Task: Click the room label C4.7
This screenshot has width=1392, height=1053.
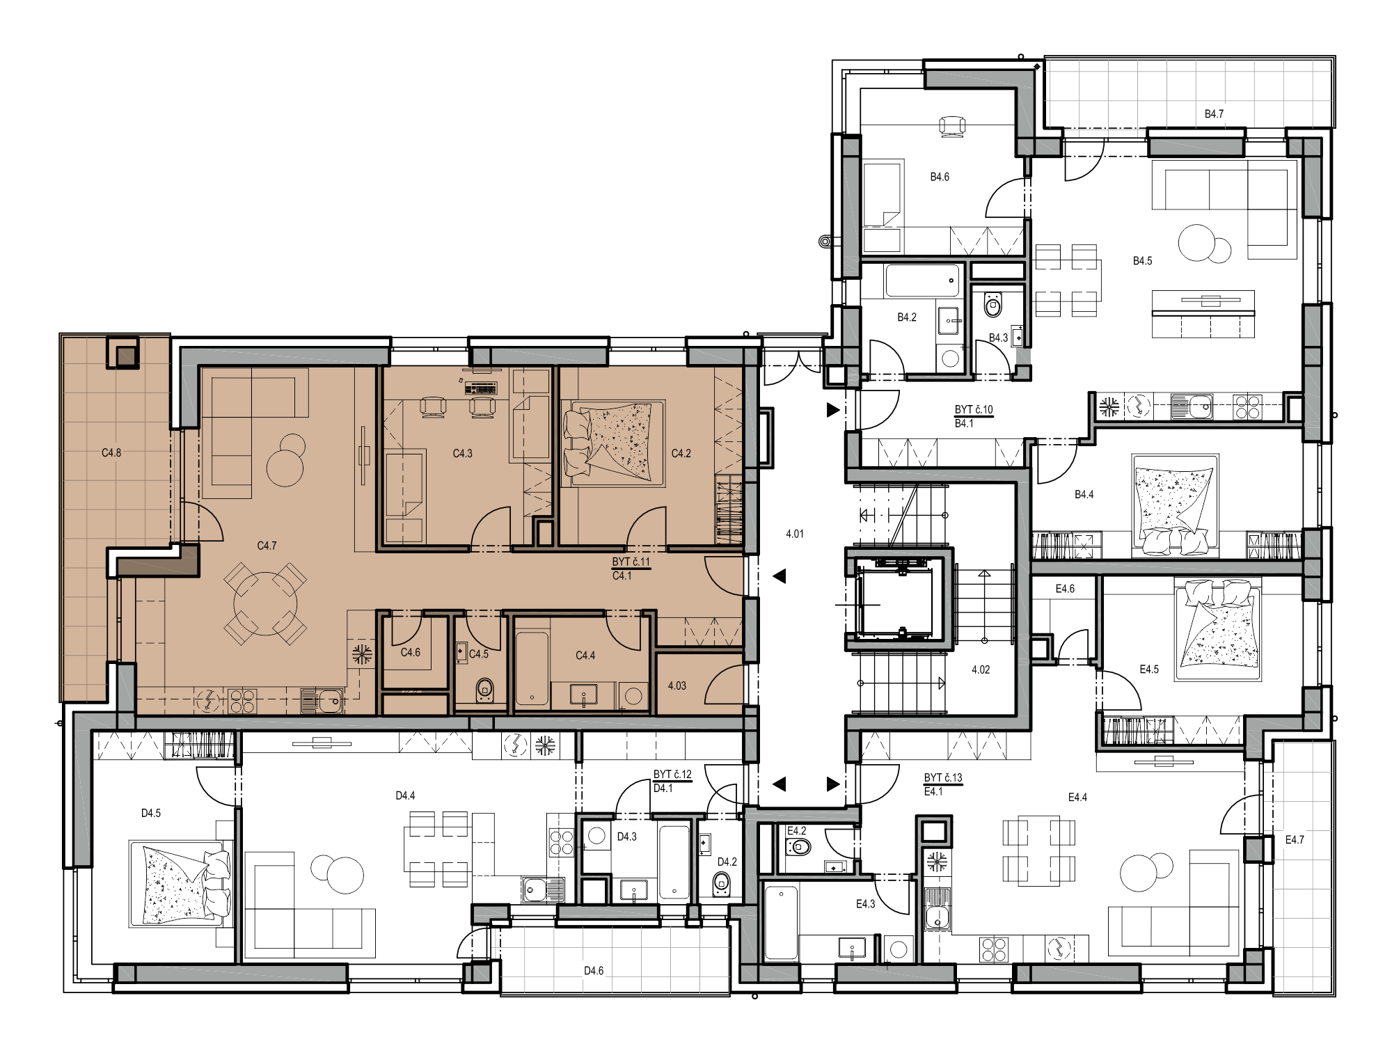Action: [x=267, y=546]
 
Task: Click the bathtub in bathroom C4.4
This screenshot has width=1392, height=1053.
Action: [x=532, y=667]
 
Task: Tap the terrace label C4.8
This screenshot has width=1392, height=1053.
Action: [x=111, y=453]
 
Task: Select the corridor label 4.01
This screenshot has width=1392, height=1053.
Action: [x=795, y=535]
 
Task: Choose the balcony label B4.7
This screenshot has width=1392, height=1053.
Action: [x=1215, y=114]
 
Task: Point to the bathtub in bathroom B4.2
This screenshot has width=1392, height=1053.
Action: [x=922, y=280]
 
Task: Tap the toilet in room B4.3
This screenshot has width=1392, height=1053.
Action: [x=992, y=304]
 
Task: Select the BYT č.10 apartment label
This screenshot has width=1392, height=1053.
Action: [x=974, y=411]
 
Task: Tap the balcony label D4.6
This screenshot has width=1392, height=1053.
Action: [x=594, y=971]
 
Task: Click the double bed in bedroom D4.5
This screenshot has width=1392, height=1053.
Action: [x=180, y=884]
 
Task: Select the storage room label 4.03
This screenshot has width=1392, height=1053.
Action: [x=677, y=686]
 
